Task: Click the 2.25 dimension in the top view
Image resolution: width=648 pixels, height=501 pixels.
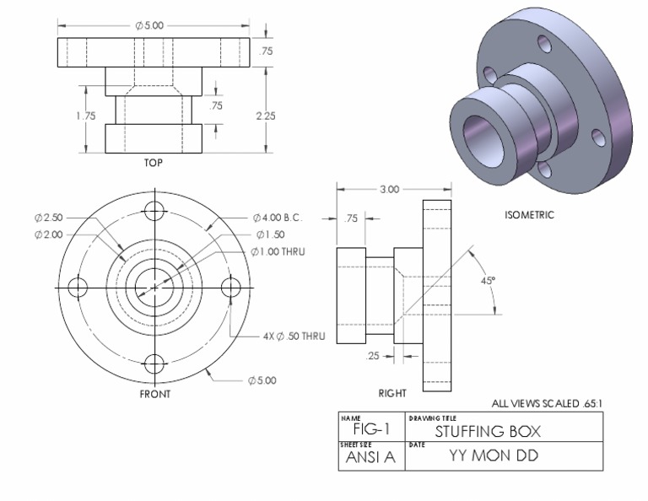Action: coord(265,116)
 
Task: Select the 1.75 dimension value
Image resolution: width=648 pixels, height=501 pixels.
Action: coord(86,116)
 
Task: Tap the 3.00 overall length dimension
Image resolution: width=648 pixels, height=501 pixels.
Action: coord(389,190)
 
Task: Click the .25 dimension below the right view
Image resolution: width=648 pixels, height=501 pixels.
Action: coord(375,356)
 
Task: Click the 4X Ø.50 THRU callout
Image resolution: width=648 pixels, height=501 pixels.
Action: coord(293,336)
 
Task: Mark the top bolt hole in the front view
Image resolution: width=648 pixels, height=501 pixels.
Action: coord(154,210)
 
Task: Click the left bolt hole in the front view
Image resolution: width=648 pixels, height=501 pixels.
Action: coord(77,287)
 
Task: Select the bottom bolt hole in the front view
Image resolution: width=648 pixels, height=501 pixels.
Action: coord(154,364)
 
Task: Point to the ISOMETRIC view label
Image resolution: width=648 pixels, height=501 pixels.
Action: coord(530,215)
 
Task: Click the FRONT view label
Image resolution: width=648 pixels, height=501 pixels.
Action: coord(154,394)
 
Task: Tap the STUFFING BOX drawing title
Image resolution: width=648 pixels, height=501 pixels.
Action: coord(487,432)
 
